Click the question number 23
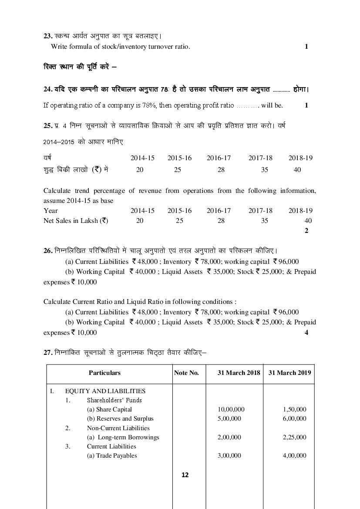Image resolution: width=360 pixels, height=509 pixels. click(x=47, y=36)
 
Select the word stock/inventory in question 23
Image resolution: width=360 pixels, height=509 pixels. click(x=113, y=47)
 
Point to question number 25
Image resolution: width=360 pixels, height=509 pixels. click(x=48, y=125)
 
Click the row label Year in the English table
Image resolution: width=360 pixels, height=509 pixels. click(x=50, y=211)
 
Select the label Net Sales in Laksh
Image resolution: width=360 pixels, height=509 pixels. click(x=75, y=221)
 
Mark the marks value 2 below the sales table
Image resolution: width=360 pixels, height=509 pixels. click(x=306, y=231)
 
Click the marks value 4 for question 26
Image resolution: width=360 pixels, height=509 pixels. click(x=306, y=333)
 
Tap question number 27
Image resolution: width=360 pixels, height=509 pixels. click(x=48, y=353)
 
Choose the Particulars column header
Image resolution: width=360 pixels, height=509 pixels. click(x=104, y=373)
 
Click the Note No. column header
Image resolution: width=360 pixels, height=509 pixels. click(x=186, y=373)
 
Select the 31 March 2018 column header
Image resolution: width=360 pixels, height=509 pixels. click(x=239, y=373)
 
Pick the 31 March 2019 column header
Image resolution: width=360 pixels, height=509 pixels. click(x=289, y=373)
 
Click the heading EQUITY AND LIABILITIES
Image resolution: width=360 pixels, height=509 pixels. click(x=105, y=391)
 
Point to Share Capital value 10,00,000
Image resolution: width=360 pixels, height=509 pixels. click(x=231, y=409)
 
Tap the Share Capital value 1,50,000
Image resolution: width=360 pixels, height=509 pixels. click(x=294, y=409)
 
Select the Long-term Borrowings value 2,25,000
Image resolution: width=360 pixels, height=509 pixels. click(x=294, y=437)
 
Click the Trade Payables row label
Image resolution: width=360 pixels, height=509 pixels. click(x=112, y=456)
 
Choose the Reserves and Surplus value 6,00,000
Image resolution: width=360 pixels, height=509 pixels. click(x=294, y=418)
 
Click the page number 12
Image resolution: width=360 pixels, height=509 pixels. click(x=185, y=475)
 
